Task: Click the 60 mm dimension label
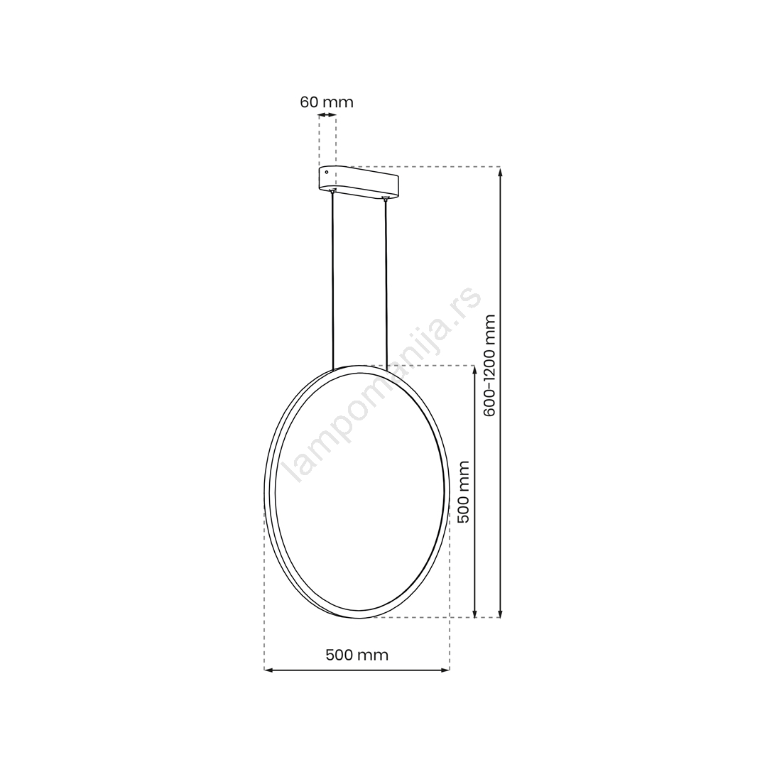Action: pyautogui.click(x=326, y=102)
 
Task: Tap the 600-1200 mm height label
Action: pyautogui.click(x=489, y=366)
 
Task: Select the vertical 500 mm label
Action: pyautogui.click(x=463, y=491)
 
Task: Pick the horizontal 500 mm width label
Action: pyautogui.click(x=357, y=655)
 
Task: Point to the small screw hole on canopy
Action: pyautogui.click(x=327, y=172)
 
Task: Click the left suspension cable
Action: pyautogui.click(x=333, y=281)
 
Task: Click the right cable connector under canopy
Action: pyautogui.click(x=386, y=197)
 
